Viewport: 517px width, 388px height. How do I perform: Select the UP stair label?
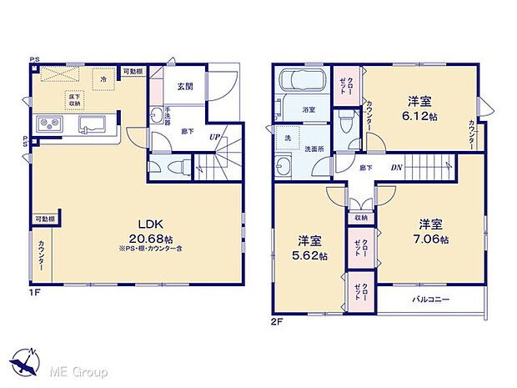coord(215,136)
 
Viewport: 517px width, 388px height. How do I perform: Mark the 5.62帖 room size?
coord(309,255)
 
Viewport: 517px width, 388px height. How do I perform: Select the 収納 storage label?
coord(359,218)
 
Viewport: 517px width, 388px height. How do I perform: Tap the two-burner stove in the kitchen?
coord(48,126)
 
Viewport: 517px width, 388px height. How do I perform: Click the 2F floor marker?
coord(277,320)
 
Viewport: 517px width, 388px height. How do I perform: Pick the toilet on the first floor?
coord(175,167)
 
